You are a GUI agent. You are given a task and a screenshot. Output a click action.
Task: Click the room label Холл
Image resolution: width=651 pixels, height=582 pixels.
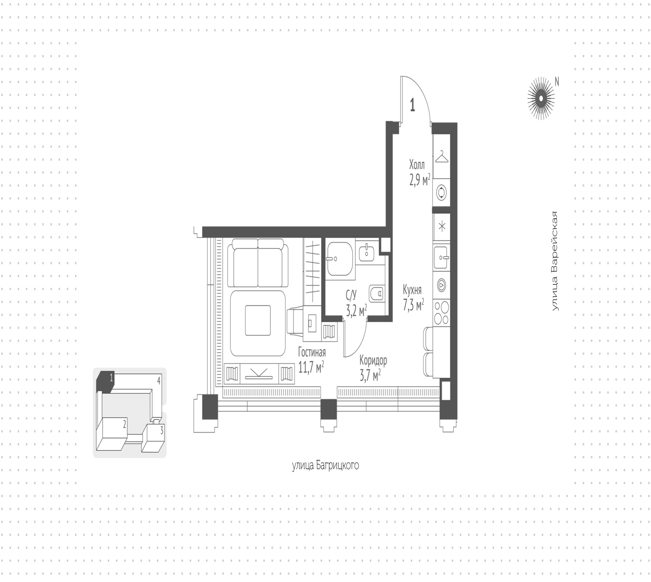(x=417, y=165)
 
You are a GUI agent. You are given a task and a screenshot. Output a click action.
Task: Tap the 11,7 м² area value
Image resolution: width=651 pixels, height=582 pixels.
(x=311, y=367)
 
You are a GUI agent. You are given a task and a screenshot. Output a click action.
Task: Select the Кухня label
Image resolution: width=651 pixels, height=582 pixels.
(x=412, y=290)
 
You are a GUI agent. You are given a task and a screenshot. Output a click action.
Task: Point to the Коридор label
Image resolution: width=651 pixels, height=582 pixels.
(x=373, y=360)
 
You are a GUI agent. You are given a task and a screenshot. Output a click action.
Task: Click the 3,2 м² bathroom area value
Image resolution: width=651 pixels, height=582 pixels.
(x=356, y=310)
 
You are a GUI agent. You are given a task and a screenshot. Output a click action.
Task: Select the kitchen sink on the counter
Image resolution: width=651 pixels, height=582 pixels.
(x=441, y=257)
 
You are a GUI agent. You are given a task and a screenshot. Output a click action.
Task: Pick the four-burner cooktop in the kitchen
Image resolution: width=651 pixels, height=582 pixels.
(x=441, y=313)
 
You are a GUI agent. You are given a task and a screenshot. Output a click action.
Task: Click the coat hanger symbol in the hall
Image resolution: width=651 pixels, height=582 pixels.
(x=441, y=157)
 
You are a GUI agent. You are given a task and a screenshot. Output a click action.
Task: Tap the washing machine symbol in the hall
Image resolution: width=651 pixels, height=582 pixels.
(x=441, y=192)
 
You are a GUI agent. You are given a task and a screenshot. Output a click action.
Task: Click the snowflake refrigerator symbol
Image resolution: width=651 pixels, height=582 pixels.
(x=442, y=227)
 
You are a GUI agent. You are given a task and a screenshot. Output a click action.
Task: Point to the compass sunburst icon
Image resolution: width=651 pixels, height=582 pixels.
(x=541, y=98)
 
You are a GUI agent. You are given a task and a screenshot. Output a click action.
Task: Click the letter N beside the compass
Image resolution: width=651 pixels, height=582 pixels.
(x=557, y=82)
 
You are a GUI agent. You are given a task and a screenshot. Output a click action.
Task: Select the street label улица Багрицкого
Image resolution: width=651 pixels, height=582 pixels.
(x=325, y=465)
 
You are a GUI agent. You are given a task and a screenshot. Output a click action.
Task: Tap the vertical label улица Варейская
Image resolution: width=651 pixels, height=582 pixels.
(x=554, y=261)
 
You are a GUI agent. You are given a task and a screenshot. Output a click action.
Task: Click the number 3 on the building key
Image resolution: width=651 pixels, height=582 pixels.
(x=162, y=431)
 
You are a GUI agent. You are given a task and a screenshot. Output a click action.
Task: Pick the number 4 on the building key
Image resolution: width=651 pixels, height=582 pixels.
(x=159, y=380)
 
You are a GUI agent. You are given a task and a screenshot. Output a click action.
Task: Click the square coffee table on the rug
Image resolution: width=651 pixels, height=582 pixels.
(x=258, y=320)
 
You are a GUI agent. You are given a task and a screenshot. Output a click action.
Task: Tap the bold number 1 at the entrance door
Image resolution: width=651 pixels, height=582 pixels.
(x=412, y=105)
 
